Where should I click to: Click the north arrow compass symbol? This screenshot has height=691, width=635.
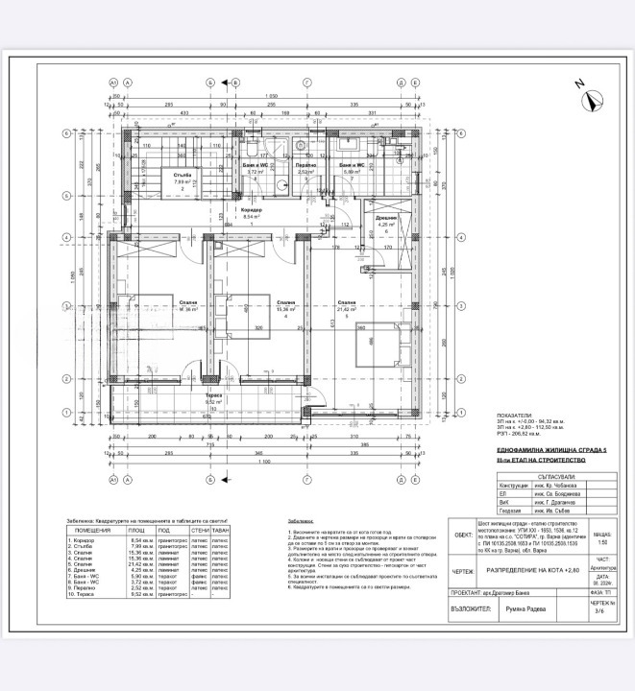(593, 94)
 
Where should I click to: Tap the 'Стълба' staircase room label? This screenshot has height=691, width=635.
(183, 175)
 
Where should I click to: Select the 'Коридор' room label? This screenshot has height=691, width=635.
(252, 211)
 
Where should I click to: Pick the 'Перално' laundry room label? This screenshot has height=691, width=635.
(305, 165)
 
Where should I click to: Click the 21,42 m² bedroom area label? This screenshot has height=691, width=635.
(348, 309)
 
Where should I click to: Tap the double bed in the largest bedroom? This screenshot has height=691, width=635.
(379, 347)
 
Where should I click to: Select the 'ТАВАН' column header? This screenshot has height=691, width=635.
(221, 530)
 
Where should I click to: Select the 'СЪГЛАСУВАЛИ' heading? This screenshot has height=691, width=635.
(556, 476)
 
